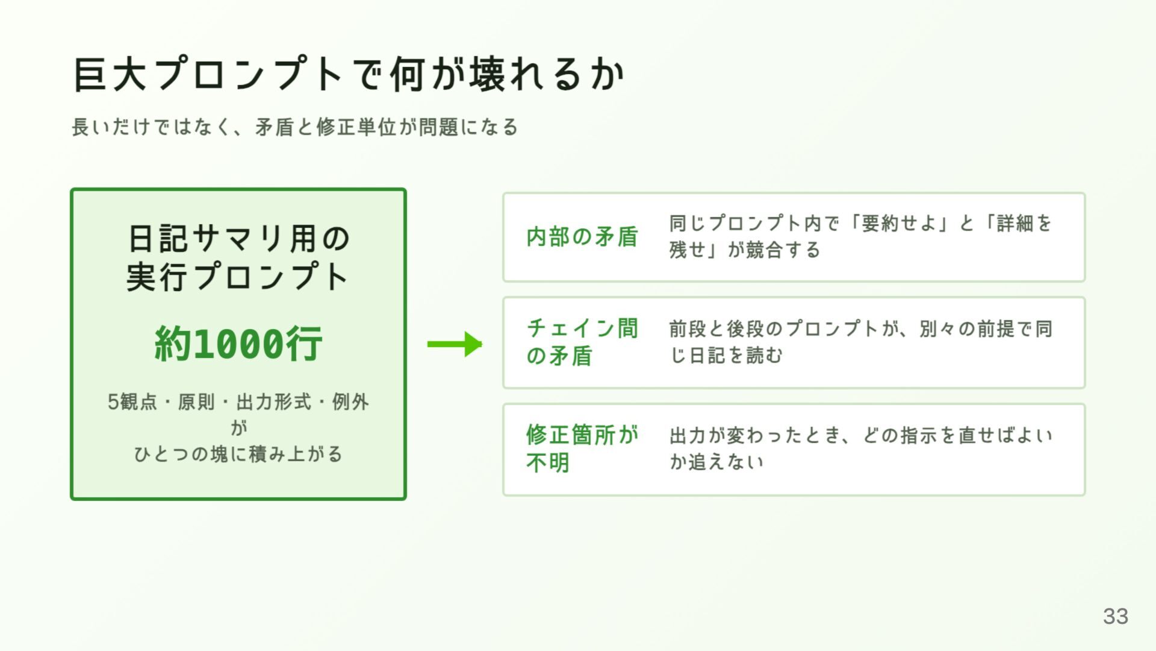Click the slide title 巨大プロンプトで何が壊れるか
click(x=349, y=75)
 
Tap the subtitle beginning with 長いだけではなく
click(x=294, y=127)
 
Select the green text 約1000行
click(x=238, y=344)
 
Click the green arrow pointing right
click(x=455, y=344)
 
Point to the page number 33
click(x=1116, y=616)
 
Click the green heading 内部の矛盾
click(x=582, y=237)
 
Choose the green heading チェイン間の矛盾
click(x=582, y=342)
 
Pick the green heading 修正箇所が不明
click(x=582, y=448)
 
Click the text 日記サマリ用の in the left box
click(x=238, y=238)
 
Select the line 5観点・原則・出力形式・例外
click(x=238, y=401)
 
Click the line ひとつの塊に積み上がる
click(x=238, y=453)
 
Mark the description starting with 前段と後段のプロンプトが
click(x=861, y=342)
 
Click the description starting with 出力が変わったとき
click(x=861, y=448)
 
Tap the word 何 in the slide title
click(x=409, y=75)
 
